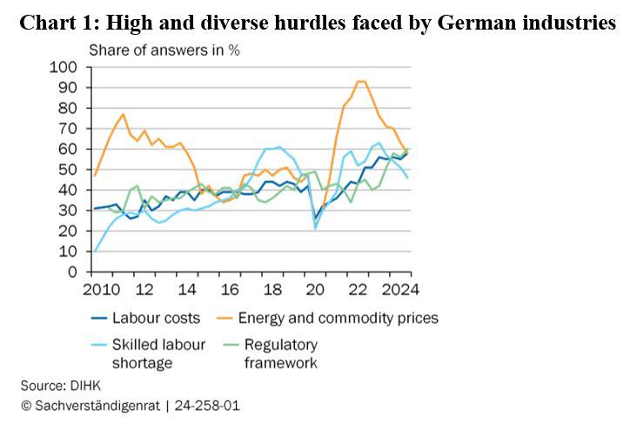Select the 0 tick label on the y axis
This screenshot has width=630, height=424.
72,272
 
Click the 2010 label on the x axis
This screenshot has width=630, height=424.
95,289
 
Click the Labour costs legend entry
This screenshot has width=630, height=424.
157,318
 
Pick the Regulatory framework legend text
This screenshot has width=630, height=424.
280,353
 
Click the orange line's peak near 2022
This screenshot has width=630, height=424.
361,81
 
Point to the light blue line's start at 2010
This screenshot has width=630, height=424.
95,251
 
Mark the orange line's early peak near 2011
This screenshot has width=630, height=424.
123,114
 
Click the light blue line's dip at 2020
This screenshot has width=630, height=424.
316,228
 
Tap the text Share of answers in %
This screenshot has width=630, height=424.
164,50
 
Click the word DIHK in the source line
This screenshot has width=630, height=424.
81,384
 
